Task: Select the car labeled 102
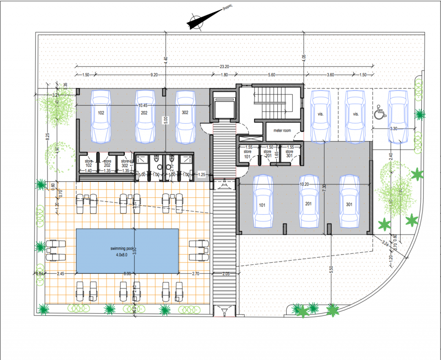[x=101, y=116]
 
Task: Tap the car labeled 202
[x=145, y=116]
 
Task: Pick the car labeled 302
[x=185, y=116]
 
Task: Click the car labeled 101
[x=263, y=202]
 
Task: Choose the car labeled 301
[x=349, y=202]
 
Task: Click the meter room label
[x=282, y=131]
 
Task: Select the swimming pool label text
[x=122, y=248]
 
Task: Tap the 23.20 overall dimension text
[x=224, y=66]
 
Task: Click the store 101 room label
[x=247, y=154]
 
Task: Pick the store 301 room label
[x=289, y=154]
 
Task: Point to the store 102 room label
[x=89, y=163]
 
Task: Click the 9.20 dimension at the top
[x=154, y=75]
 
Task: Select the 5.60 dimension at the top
[x=271, y=75]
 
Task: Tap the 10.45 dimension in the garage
[x=143, y=105]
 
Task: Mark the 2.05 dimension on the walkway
[x=226, y=274]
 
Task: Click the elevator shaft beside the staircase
[x=224, y=105]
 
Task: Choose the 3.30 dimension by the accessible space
[x=393, y=128]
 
